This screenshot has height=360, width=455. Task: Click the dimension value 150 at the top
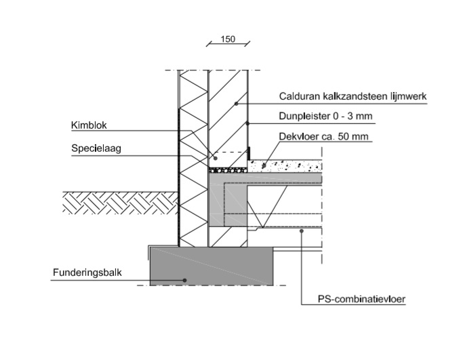click(x=228, y=40)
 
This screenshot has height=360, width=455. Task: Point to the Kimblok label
click(x=89, y=125)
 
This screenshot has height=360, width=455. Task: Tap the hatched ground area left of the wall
click(x=119, y=203)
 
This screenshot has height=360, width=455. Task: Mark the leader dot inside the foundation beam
click(x=184, y=279)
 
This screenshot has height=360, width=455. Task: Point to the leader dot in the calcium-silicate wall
click(x=236, y=103)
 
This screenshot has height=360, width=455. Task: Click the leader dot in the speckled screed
click(x=265, y=163)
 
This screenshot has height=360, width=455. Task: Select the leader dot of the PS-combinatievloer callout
click(x=301, y=231)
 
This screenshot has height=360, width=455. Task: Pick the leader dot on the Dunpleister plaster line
click(x=248, y=123)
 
